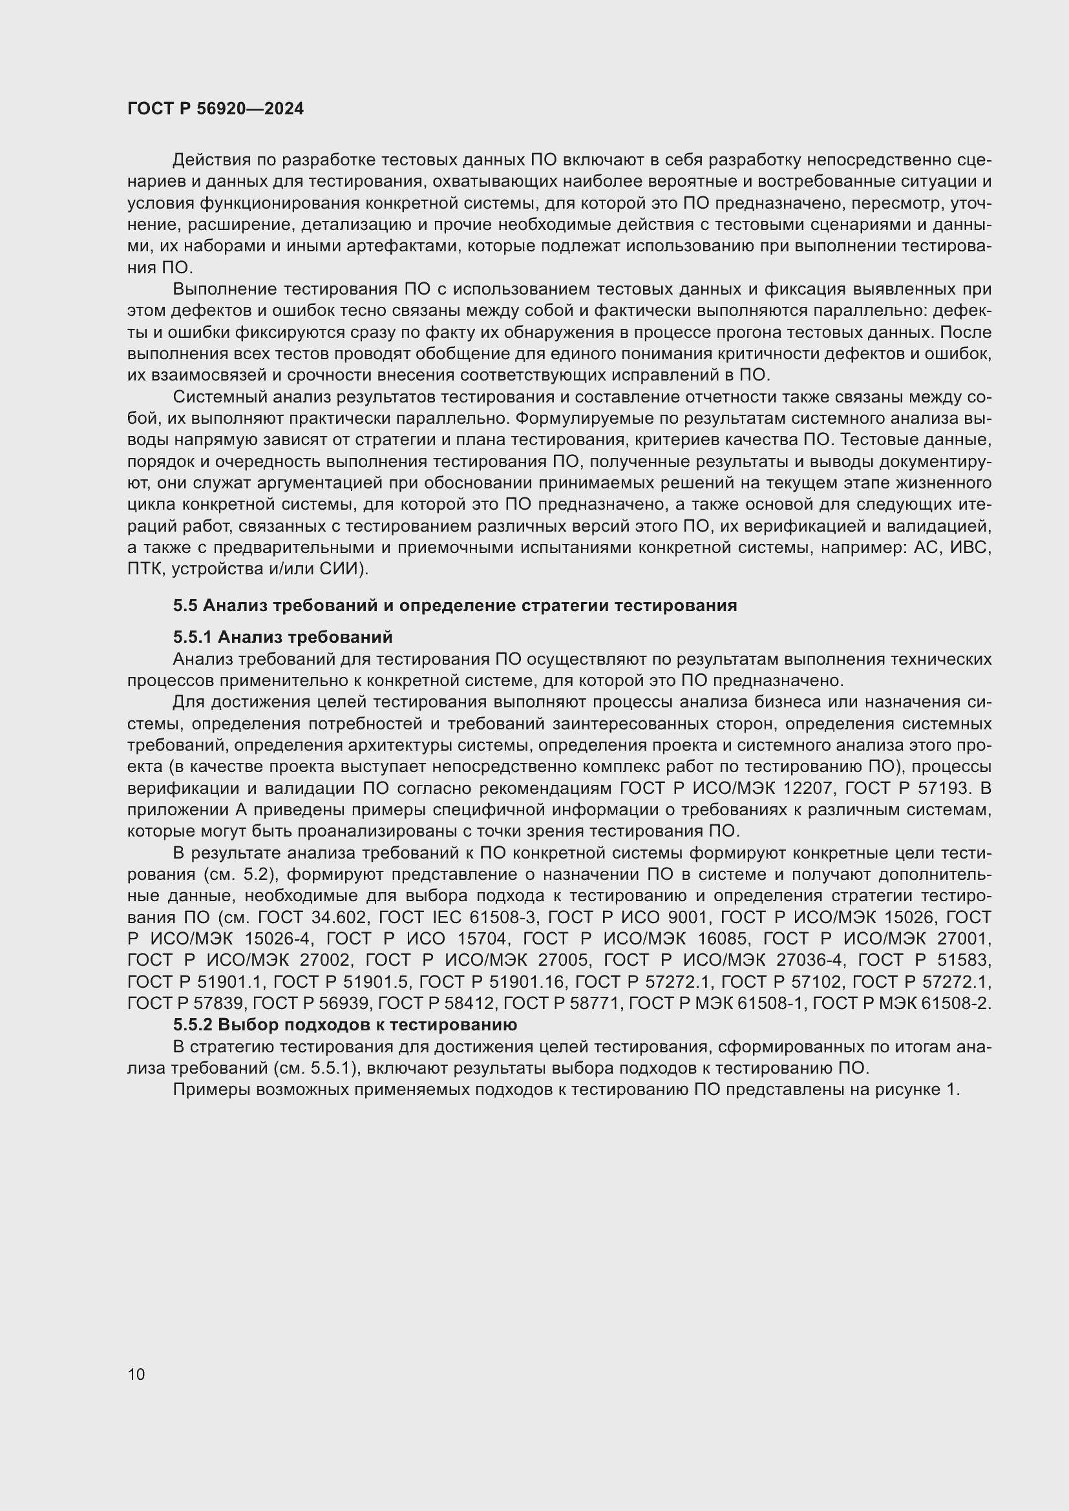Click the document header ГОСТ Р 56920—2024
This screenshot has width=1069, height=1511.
215,109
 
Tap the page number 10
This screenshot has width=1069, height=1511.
136,1374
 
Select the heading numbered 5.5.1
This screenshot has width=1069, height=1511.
283,637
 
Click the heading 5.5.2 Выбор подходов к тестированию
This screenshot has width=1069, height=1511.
345,1025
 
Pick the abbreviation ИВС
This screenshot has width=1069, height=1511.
971,548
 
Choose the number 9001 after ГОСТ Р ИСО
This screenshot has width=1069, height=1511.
679,917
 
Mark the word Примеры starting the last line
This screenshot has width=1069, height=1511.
211,1089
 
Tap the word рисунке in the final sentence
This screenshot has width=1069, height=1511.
907,1089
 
